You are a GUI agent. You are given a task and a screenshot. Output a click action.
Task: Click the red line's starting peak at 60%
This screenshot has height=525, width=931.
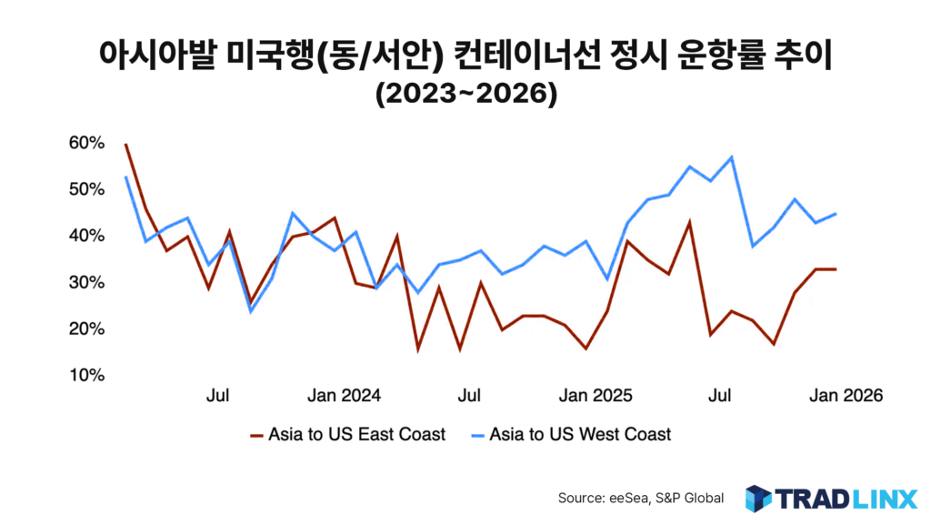[125, 144]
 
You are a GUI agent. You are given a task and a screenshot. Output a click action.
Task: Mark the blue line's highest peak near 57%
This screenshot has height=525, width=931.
[732, 157]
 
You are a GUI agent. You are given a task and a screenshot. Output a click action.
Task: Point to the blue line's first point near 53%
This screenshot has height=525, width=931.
[125, 177]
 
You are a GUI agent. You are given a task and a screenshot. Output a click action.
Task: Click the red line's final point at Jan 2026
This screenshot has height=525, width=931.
[836, 268]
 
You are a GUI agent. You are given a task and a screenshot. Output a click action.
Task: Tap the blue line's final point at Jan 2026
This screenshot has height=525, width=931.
[836, 214]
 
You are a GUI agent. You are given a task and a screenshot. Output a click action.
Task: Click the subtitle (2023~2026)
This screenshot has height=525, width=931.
[465, 94]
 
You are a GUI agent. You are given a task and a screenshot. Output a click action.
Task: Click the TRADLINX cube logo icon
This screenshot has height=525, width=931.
[757, 498]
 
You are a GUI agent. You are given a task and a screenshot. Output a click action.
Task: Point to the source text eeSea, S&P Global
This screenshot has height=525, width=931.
[641, 498]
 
